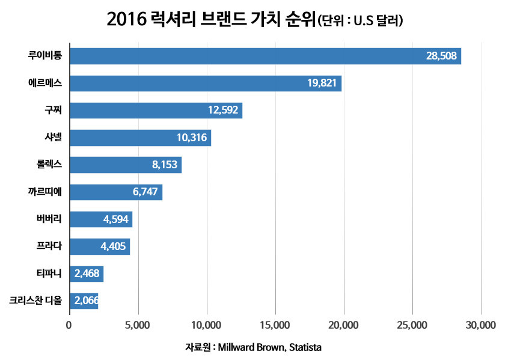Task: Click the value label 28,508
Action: point(442,56)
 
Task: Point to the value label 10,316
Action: point(192,138)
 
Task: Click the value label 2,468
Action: point(87,274)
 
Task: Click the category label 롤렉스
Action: point(49,165)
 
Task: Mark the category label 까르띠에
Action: point(46,192)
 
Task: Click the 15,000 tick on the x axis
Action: point(275,325)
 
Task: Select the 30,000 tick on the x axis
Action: point(481,325)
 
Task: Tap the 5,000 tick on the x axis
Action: point(138,325)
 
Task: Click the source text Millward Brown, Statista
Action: point(269,348)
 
